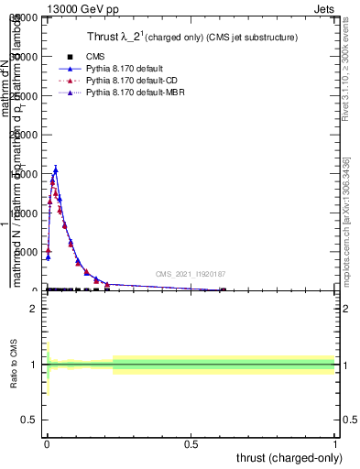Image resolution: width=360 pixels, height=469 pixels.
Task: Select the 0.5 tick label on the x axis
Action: pyautogui.click(x=191, y=445)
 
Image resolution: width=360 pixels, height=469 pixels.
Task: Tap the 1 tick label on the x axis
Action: pyautogui.click(x=336, y=445)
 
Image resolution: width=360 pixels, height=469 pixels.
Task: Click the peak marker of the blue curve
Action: pyautogui.click(x=56, y=169)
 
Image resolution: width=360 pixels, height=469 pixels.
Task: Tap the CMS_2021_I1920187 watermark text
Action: pyautogui.click(x=190, y=274)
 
